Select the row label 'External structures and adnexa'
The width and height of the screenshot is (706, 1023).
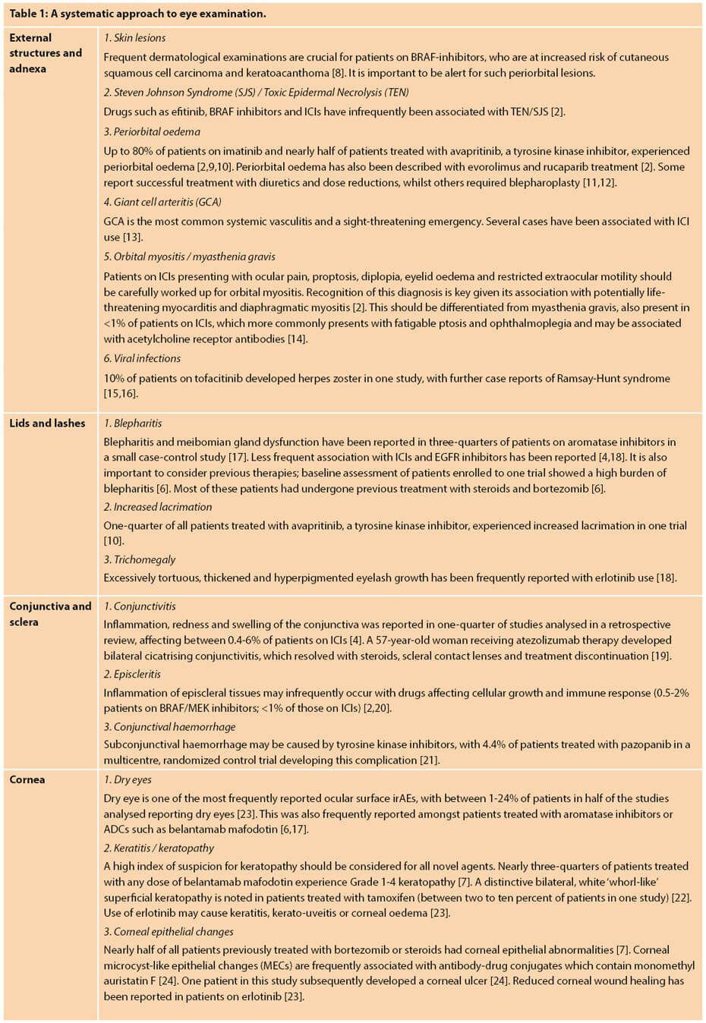[45, 53]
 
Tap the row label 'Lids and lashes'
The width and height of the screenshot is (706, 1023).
[47, 423]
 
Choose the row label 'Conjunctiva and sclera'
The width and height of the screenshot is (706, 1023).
[50, 614]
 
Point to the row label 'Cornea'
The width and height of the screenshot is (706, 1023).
[27, 779]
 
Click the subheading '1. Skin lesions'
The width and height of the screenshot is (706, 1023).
[134, 37]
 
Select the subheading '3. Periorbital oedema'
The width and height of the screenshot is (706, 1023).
[152, 131]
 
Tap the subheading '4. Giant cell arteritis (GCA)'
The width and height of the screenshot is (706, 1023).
[162, 202]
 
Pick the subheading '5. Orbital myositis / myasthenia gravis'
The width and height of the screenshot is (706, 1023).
[189, 257]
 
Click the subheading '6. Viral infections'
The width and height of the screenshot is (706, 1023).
[142, 358]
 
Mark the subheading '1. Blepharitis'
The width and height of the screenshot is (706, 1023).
[133, 423]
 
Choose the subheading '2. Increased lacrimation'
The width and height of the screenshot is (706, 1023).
[158, 506]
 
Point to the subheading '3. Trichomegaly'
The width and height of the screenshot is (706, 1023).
[140, 559]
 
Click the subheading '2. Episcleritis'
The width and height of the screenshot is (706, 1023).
[132, 674]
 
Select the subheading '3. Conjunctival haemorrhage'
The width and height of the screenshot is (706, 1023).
[169, 726]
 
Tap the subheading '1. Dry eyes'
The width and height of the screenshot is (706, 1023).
[128, 779]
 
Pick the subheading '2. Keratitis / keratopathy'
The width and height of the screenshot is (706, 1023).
[159, 848]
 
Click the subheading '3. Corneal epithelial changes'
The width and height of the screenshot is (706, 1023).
[169, 931]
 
